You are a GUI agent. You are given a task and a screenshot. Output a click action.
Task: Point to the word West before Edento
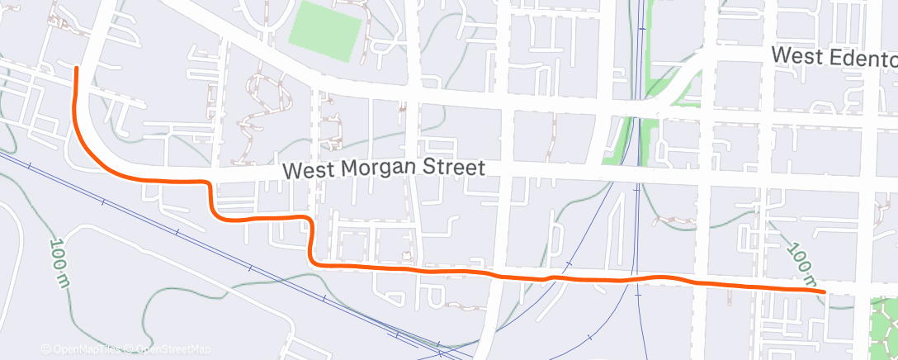coord(796,56)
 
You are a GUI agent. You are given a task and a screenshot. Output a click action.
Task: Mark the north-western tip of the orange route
coord(76,67)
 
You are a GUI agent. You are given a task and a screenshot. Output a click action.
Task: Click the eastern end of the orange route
coord(825,291)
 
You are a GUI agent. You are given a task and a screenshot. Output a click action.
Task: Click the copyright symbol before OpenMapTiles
coord(46,349)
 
